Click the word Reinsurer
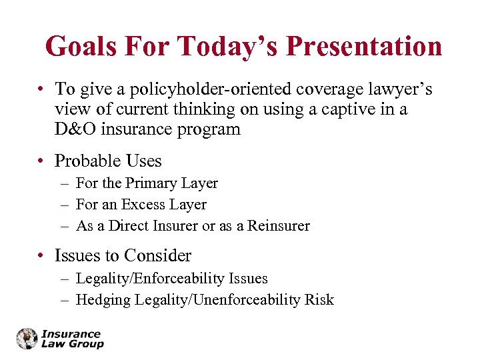click(x=279, y=225)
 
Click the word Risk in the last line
click(x=319, y=300)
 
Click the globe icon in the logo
click(x=27, y=339)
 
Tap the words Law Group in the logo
click(x=73, y=344)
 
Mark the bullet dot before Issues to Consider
click(x=41, y=256)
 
